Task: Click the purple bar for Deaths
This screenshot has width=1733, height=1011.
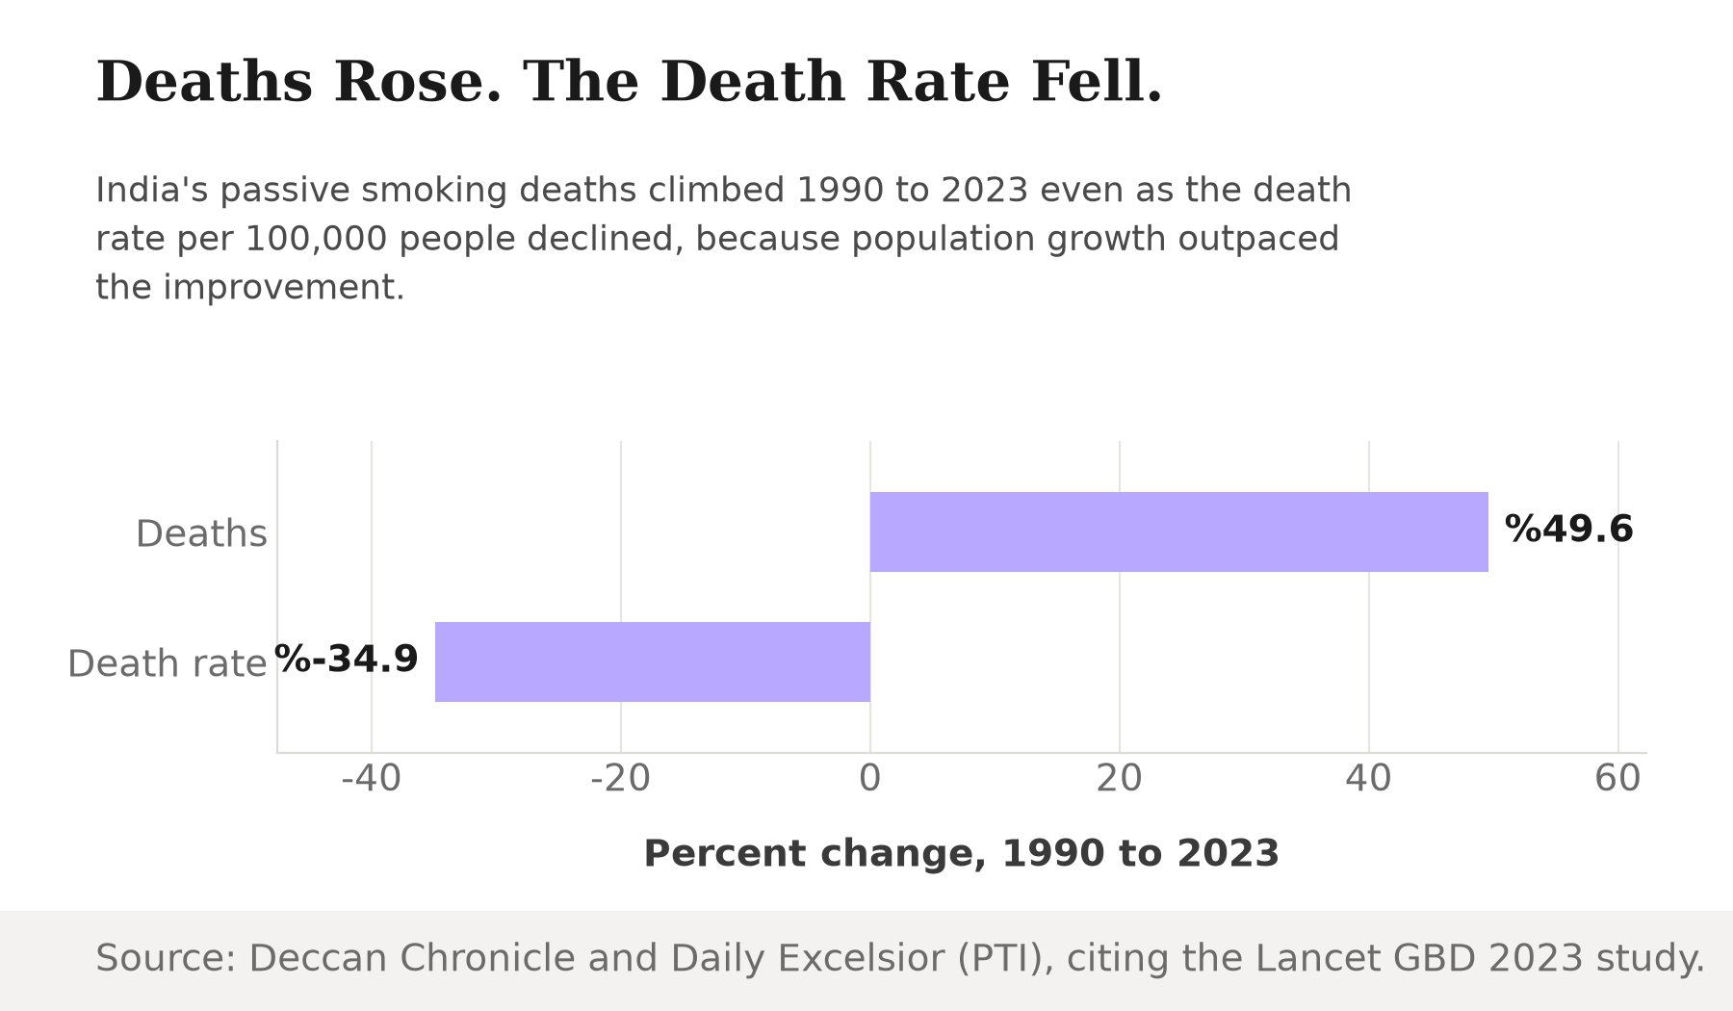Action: point(1178,531)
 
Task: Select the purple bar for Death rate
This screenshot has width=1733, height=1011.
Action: point(653,661)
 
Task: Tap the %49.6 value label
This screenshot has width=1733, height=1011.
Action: point(1568,530)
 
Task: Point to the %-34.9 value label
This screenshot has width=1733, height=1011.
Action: point(347,660)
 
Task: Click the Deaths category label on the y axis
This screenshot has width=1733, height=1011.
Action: point(201,533)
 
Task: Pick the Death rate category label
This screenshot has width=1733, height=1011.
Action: point(167,663)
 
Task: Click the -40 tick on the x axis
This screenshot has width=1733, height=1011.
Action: point(371,778)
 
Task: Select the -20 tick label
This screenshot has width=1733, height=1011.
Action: point(620,778)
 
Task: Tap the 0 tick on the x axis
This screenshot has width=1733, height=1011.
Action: point(870,778)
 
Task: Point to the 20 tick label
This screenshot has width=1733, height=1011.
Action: point(1120,778)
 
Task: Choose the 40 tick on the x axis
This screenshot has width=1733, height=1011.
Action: point(1369,778)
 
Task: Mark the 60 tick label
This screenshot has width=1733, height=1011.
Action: point(1617,778)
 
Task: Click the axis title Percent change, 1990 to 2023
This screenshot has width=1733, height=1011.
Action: point(961,854)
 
